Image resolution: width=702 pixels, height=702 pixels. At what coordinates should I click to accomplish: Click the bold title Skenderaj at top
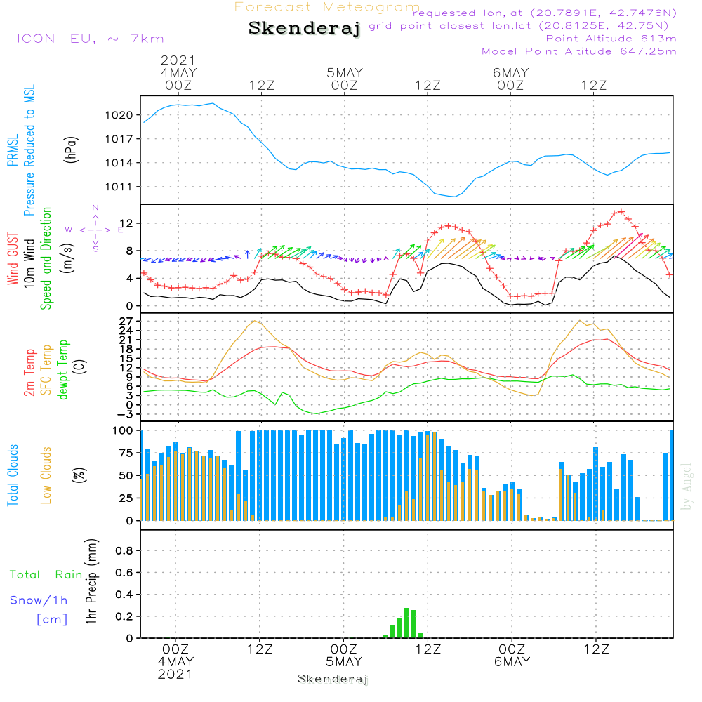point(304,29)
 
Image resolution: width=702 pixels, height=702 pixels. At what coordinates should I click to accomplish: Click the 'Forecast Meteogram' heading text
point(327,7)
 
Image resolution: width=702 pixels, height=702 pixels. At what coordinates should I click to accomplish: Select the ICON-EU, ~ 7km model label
point(90,39)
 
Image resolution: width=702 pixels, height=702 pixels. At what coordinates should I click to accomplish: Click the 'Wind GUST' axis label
point(13,259)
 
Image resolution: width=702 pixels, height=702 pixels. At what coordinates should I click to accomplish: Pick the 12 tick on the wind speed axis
point(131,223)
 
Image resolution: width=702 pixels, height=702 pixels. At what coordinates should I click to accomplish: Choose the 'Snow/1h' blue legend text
point(39,601)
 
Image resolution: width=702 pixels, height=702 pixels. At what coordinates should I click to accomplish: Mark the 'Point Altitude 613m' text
point(611,38)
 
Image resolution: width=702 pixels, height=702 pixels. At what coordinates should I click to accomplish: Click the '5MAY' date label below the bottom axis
point(344,662)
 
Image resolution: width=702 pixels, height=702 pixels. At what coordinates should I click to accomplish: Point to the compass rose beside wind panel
point(95,229)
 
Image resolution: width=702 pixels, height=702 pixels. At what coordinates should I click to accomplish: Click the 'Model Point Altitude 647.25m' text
point(579,51)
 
